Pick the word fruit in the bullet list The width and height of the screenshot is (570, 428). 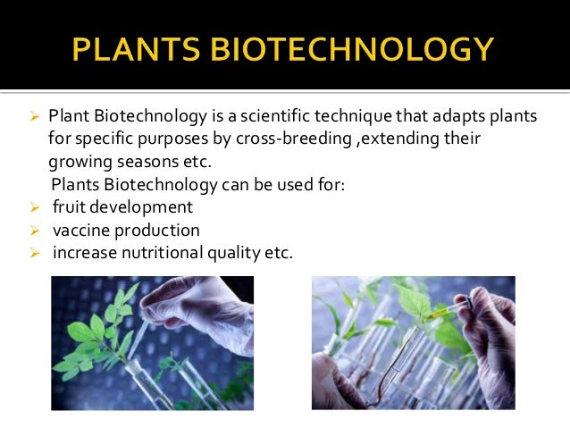69,207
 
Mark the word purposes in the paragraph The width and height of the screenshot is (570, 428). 175,139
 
